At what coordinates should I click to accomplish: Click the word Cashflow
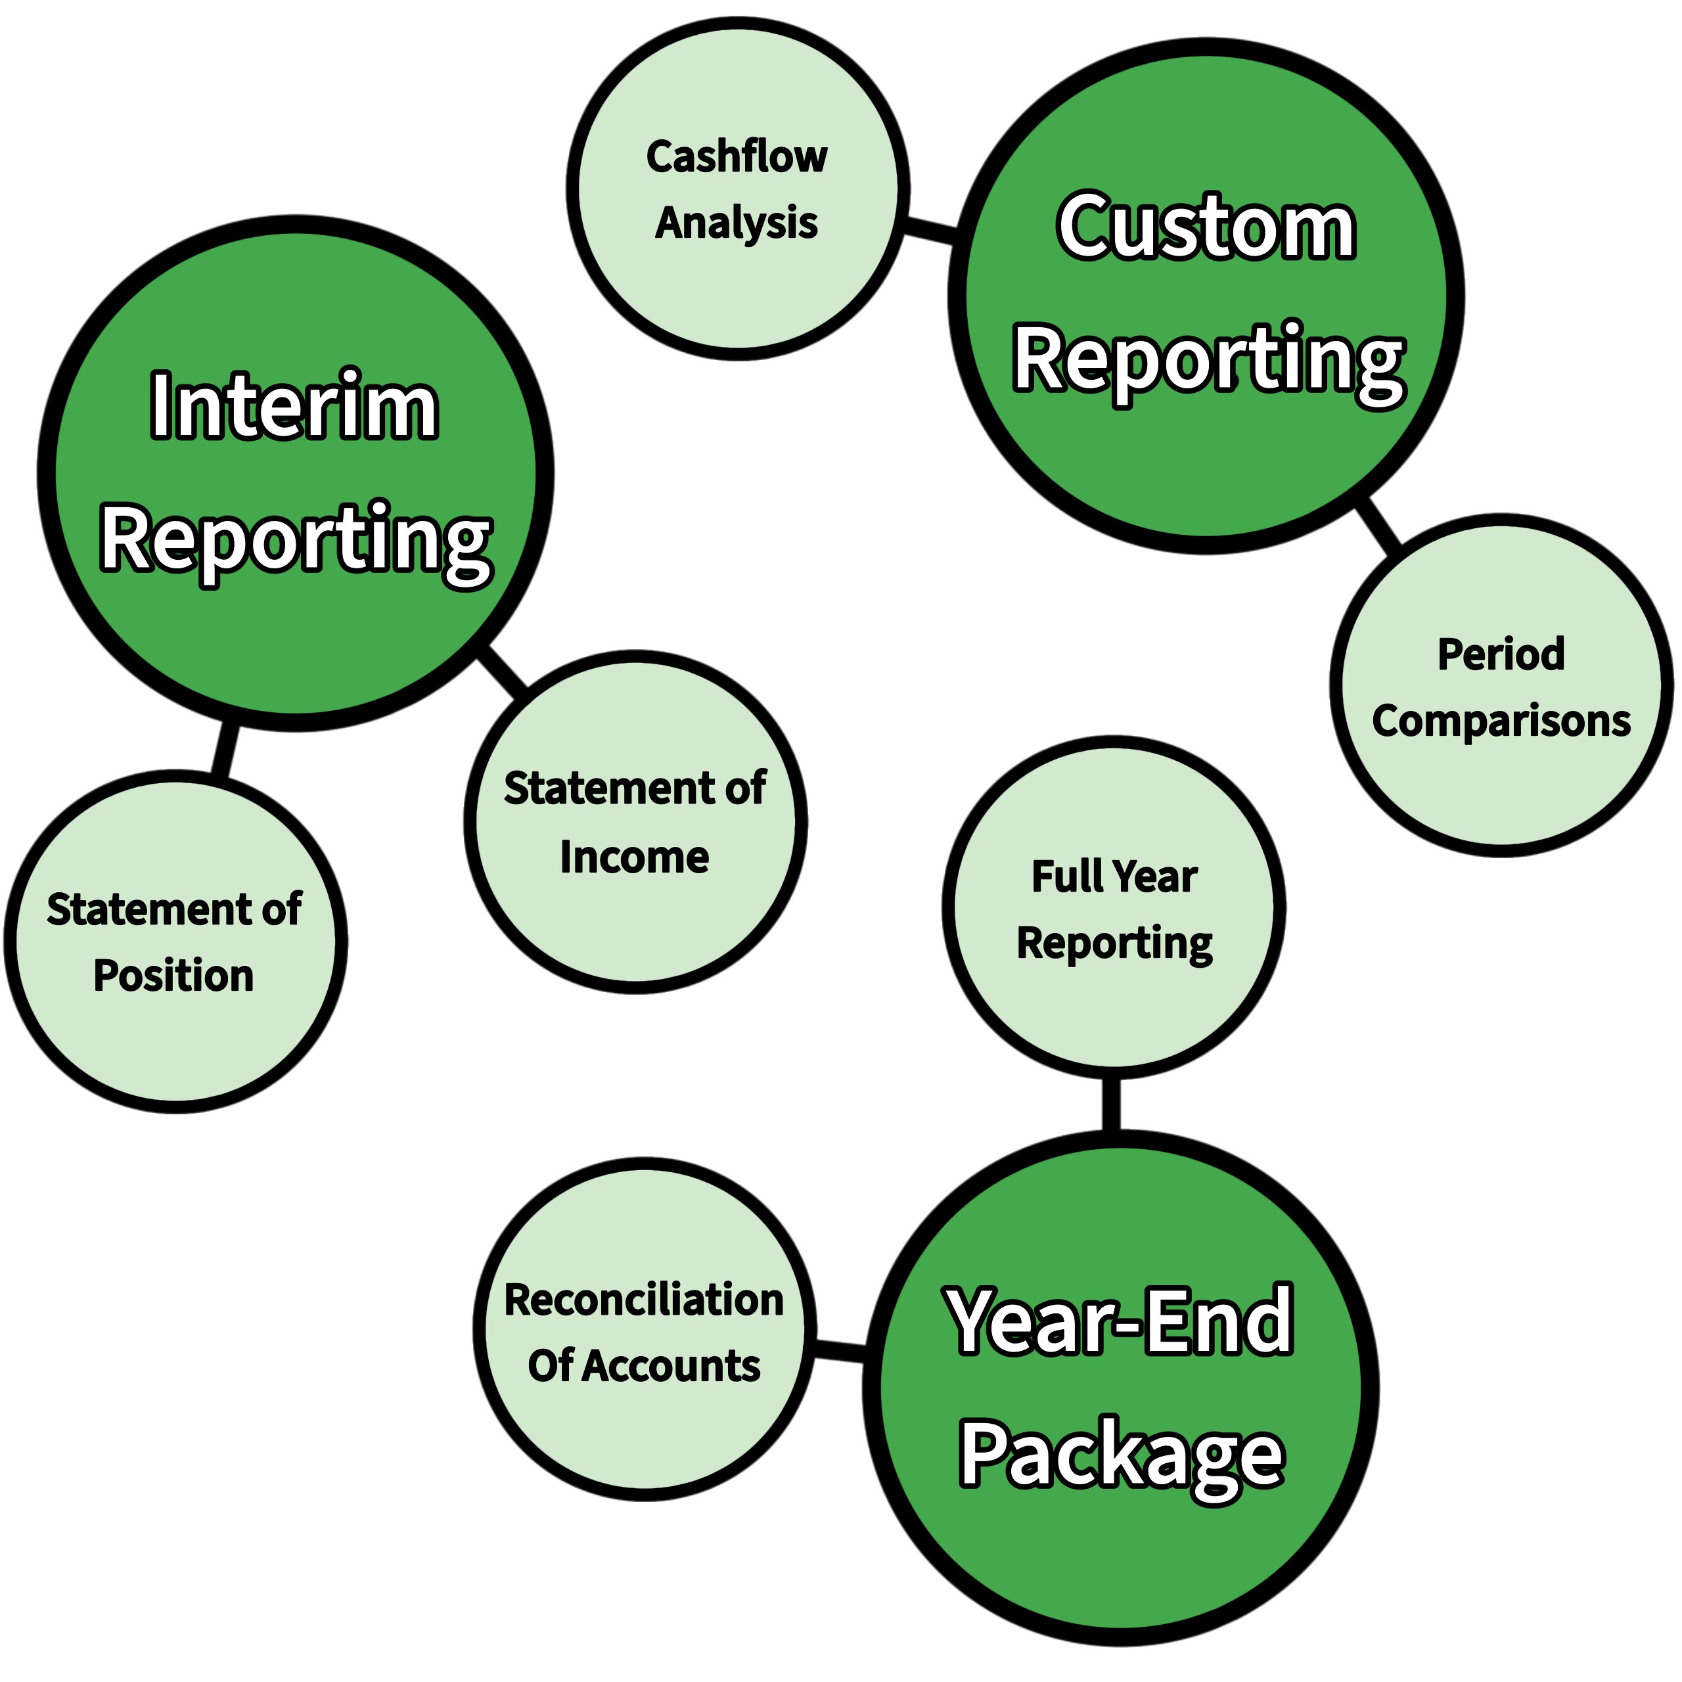[737, 157]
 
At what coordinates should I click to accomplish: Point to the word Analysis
[737, 223]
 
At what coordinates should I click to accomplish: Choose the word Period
[1501, 654]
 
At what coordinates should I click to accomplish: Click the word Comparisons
[1501, 721]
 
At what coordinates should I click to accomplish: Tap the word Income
[634, 857]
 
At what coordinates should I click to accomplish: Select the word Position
[173, 975]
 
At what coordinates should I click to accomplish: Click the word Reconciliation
[645, 1300]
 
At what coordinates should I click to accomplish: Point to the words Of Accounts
[645, 1365]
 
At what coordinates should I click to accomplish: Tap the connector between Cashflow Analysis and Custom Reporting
[930, 231]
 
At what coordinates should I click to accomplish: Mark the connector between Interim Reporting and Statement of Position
[224, 750]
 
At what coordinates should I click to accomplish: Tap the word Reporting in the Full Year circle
[1114, 943]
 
